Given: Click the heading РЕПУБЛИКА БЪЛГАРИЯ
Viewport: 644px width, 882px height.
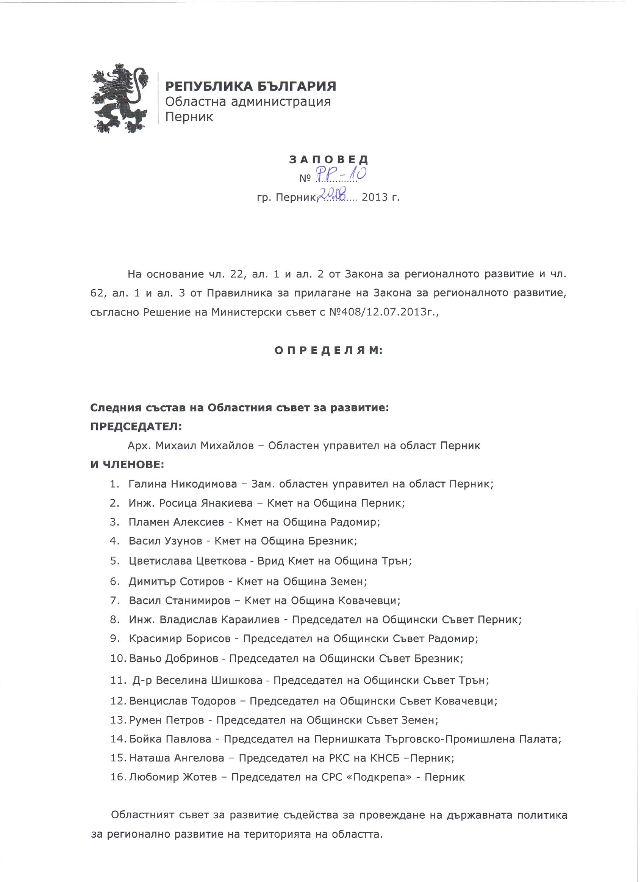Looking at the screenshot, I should [250, 86].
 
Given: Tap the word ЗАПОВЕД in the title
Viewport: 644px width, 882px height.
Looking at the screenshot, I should [328, 159].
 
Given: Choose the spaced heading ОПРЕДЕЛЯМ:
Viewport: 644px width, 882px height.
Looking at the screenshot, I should [328, 350].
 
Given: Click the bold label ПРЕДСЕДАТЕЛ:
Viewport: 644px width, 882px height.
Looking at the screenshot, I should [136, 426].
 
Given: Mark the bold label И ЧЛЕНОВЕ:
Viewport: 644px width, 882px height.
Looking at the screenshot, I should [128, 465].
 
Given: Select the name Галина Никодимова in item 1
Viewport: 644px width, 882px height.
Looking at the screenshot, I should [183, 484].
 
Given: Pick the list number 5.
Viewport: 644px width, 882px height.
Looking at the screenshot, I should [114, 561].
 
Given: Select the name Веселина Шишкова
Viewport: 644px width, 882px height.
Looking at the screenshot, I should [209, 680].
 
